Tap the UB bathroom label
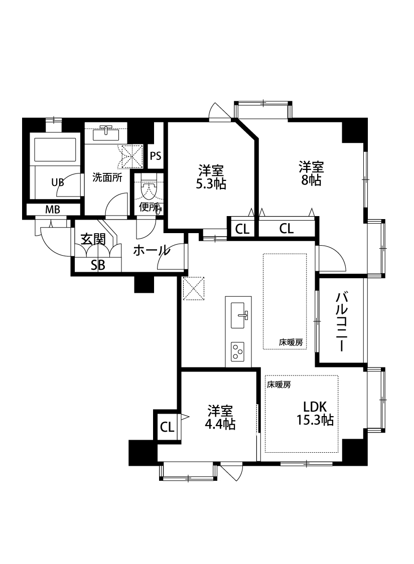58,182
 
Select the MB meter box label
53,210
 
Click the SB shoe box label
98,266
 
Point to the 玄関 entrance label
93,239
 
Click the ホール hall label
151,251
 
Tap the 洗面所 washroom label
107,177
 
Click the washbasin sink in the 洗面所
106,132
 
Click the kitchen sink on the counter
238,315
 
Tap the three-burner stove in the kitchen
237,351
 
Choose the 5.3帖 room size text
211,184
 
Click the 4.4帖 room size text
220,424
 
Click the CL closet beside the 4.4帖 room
167,427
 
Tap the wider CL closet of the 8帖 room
287,229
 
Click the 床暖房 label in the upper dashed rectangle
291,343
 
